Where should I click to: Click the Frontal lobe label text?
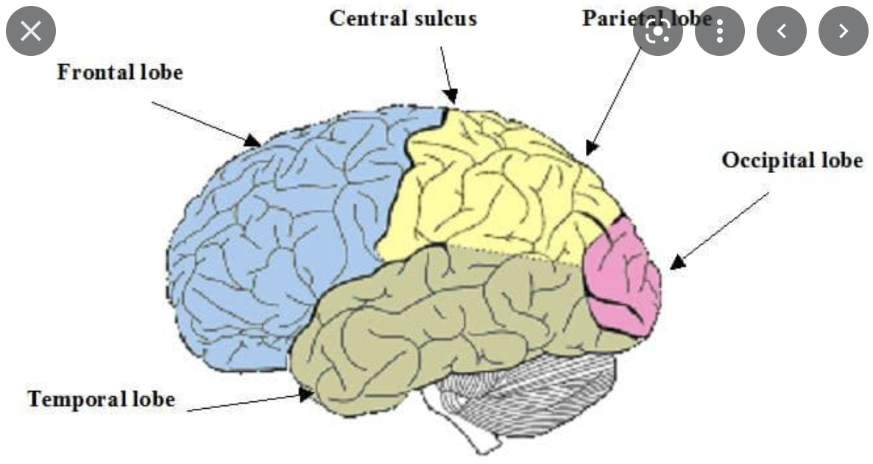(120, 73)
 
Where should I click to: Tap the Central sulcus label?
(403, 18)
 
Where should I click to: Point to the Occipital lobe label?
(791, 160)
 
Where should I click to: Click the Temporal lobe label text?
(102, 399)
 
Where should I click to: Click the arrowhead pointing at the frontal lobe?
(253, 140)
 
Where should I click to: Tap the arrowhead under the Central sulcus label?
(452, 96)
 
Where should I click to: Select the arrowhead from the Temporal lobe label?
(306, 395)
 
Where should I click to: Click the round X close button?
(31, 31)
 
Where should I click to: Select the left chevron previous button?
(782, 31)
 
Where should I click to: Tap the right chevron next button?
(844, 31)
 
